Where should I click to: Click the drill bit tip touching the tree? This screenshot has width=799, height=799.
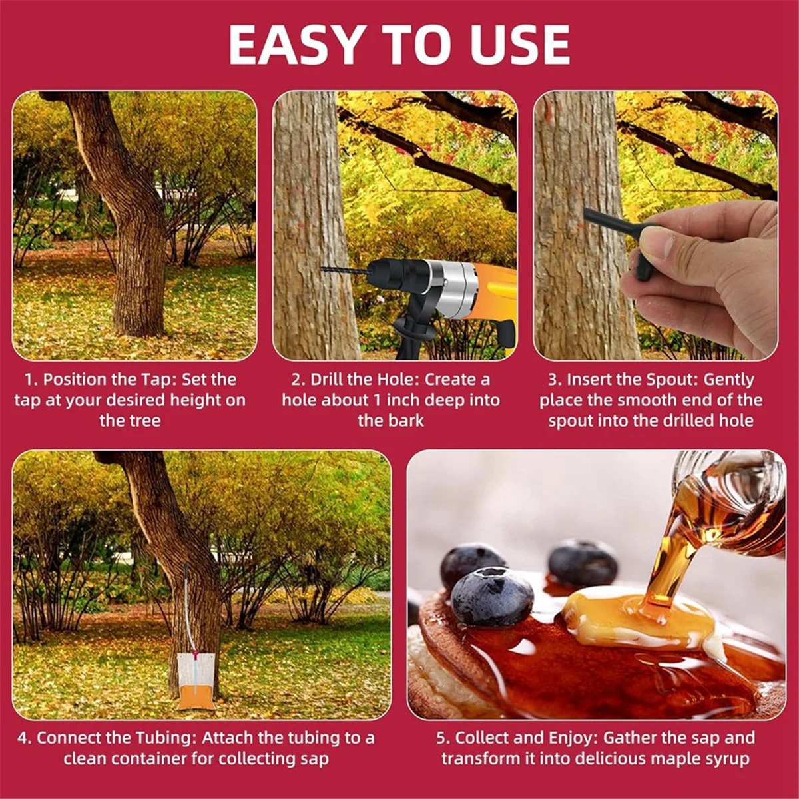324,270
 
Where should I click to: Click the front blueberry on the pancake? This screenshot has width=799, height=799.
492,596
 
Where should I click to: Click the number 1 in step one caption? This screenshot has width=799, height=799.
29,380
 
